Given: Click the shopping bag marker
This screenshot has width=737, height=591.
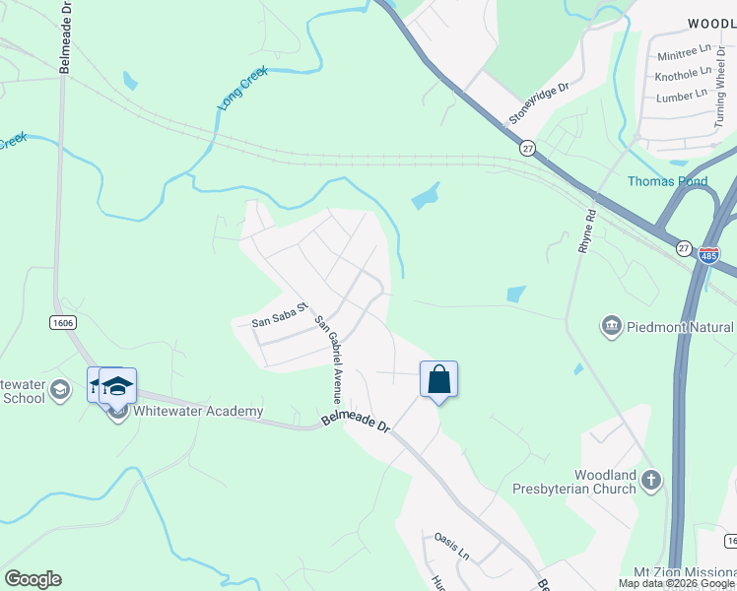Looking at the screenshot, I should point(438,379).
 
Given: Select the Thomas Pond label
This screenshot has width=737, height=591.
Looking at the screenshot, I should point(667,181).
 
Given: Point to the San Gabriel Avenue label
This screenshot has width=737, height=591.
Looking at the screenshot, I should point(328,360).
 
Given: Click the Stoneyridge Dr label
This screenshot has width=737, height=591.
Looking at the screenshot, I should point(539,102).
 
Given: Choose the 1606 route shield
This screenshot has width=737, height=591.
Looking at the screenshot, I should point(62,322).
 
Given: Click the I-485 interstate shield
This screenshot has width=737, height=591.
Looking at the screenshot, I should point(708,254).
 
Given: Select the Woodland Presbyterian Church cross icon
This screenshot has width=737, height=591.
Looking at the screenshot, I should point(649,481).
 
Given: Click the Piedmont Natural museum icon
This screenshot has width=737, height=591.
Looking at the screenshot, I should point(611,325).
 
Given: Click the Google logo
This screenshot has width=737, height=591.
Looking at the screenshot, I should point(33,579).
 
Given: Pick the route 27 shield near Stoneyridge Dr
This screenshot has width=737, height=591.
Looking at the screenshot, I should point(528,147).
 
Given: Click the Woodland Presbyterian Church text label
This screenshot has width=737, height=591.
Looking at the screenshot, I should point(573,482).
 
